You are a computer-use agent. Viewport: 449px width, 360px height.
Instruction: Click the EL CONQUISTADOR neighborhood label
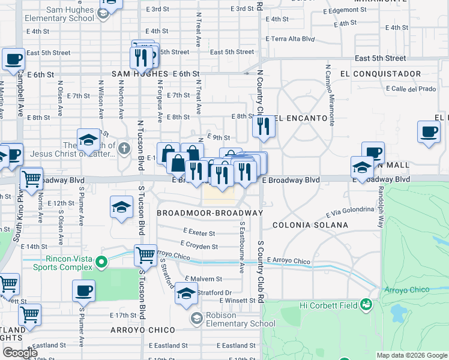[380, 73]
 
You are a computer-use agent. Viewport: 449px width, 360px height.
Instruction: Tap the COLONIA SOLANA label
[310, 225]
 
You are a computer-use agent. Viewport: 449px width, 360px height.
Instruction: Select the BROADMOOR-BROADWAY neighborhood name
[209, 213]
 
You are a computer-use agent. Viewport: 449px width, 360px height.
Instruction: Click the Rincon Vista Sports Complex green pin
[101, 261]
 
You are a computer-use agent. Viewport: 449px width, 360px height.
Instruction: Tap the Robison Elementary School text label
[233, 319]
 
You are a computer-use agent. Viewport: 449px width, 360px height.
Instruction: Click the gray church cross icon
[124, 148]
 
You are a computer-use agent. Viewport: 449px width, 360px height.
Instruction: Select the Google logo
[20, 353]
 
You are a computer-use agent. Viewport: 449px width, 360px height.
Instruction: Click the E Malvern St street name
[203, 279]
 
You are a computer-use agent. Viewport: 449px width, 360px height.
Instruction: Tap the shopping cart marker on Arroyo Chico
[145, 256]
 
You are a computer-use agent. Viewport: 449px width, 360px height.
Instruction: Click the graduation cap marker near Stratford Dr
[186, 294]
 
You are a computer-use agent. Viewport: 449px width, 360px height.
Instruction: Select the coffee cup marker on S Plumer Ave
[83, 290]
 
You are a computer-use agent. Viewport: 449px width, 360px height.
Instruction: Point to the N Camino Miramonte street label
[328, 94]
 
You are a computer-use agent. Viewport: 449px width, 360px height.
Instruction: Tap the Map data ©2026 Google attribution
[412, 355]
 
